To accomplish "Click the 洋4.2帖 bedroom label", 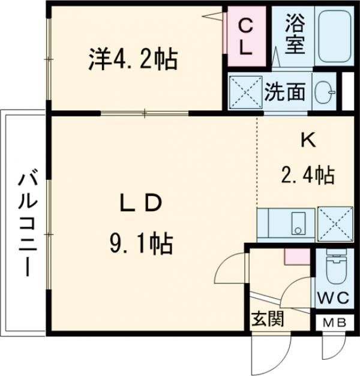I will [x=133, y=59].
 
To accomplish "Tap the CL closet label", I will [x=245, y=37].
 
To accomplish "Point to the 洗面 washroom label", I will [x=286, y=92].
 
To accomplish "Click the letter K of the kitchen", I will [x=308, y=140].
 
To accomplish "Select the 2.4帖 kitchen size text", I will [x=307, y=175].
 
